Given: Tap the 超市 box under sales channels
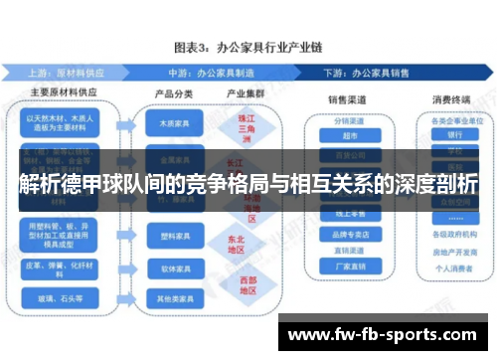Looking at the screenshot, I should [x=347, y=136].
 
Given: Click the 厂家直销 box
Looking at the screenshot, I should [x=347, y=267].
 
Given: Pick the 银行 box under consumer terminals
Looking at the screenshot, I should [x=455, y=134].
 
